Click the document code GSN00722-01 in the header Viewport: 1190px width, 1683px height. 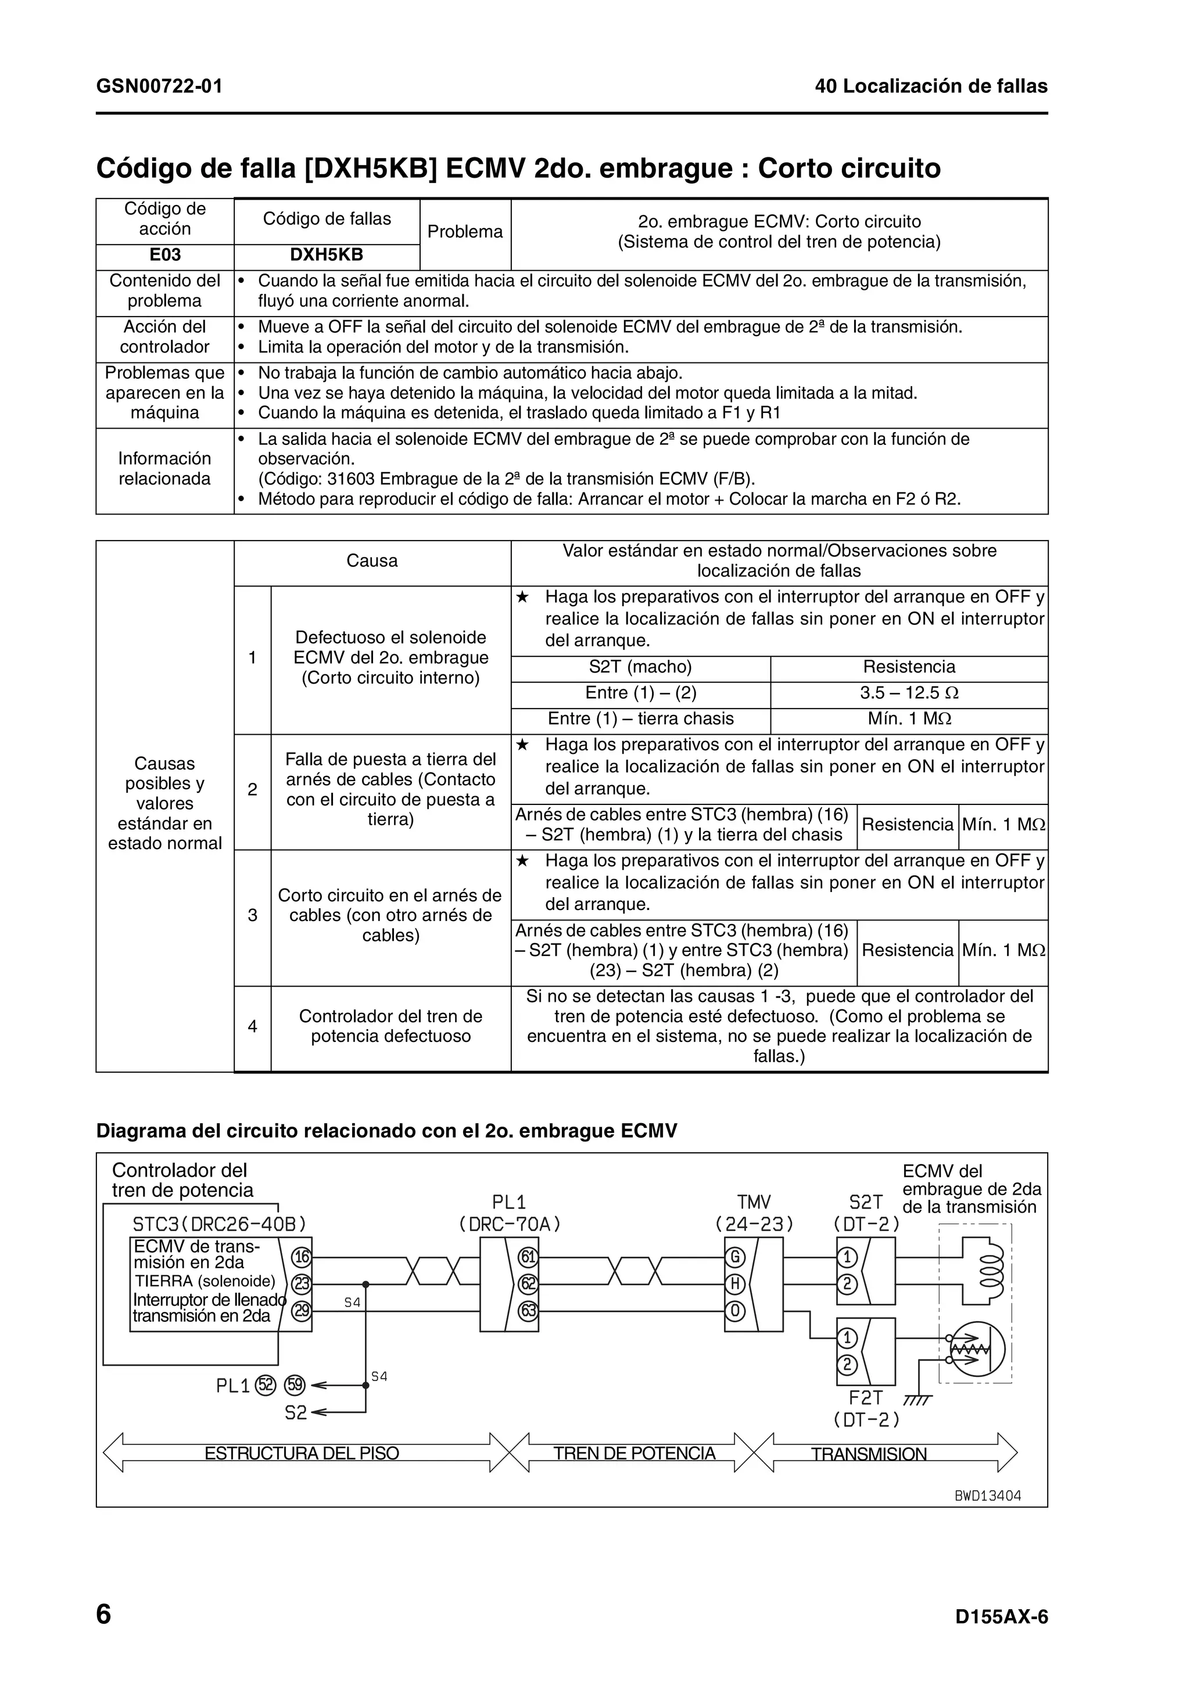tap(159, 87)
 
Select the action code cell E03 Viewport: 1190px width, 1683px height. tap(164, 255)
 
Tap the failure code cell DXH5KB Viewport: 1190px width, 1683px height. tap(327, 255)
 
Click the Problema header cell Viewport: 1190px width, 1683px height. tap(465, 232)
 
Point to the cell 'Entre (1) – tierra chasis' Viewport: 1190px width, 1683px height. tap(640, 719)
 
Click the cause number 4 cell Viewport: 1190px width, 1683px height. tap(252, 1027)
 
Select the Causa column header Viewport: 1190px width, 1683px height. tap(372, 562)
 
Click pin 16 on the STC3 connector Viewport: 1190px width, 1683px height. tap(302, 1258)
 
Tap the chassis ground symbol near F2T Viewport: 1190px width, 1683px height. tap(916, 1401)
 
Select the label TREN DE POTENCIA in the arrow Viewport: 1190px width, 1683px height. tap(635, 1454)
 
